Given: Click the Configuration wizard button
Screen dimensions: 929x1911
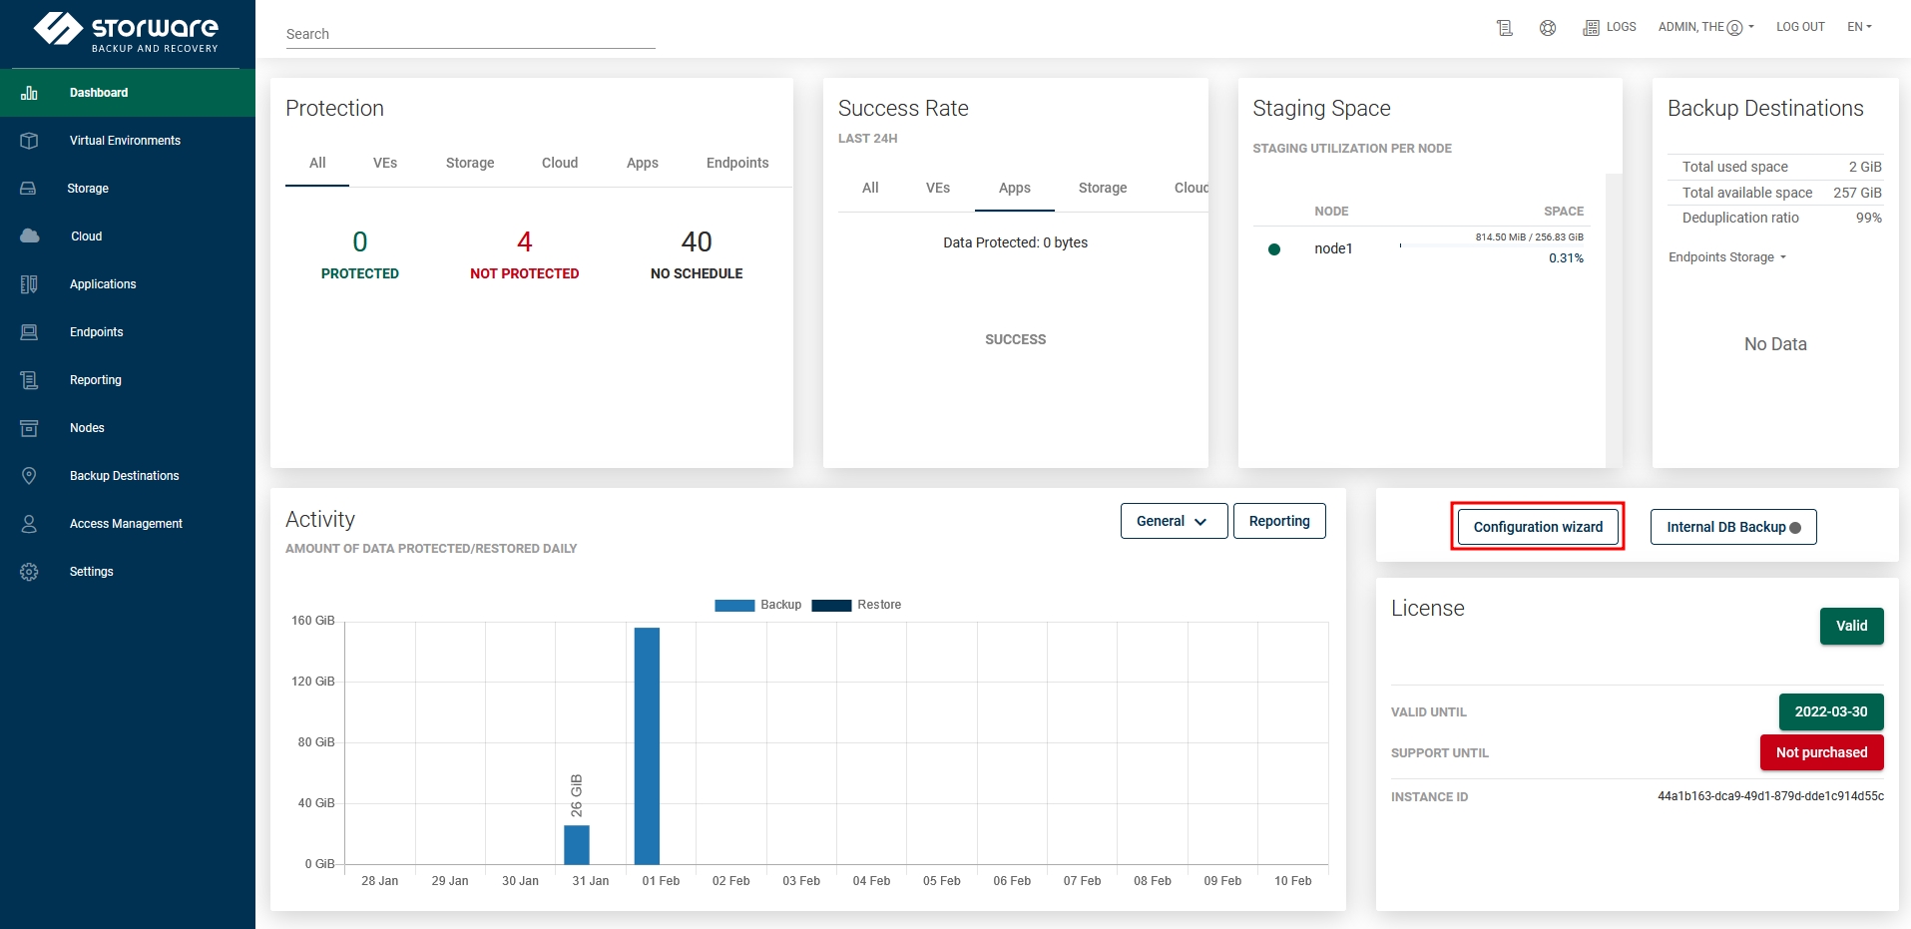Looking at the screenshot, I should click(1538, 527).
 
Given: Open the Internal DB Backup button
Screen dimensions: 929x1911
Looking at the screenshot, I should click(1732, 527).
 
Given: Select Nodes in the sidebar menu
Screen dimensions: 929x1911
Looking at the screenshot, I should click(87, 428).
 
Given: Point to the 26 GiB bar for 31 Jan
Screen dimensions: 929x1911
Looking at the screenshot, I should click(577, 844).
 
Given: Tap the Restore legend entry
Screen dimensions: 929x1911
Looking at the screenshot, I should click(857, 605).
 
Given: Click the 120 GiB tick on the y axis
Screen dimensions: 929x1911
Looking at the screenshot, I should click(313, 682).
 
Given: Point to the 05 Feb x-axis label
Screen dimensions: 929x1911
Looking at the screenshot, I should click(941, 881).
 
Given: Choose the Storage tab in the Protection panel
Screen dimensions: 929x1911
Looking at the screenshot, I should click(470, 163).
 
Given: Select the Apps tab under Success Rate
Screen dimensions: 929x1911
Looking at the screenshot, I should click(1014, 188).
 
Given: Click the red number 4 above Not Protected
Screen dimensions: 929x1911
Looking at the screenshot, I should click(525, 241).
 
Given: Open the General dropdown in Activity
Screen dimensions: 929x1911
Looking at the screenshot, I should click(1174, 521).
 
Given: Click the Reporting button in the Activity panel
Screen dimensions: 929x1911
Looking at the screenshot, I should click(1279, 521).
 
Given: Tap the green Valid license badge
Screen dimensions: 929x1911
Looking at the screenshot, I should click(1851, 626).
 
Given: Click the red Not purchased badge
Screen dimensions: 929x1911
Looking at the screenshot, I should click(1821, 752).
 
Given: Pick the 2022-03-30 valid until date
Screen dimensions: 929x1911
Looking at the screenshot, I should click(1831, 711).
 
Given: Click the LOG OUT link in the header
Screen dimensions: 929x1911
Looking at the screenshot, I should click(1800, 27).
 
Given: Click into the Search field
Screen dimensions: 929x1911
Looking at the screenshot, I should click(469, 34).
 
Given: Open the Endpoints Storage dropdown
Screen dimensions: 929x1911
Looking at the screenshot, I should click(1727, 257).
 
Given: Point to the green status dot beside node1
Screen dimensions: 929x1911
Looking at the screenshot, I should click(1274, 249).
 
